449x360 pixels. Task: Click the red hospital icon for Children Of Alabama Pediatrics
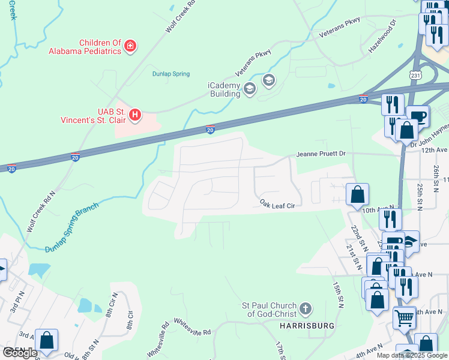click(x=130, y=46)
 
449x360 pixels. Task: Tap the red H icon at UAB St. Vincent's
click(x=136, y=114)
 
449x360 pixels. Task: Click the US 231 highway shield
click(x=415, y=75)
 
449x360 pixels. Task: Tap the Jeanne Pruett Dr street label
click(x=321, y=154)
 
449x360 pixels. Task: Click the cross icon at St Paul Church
click(x=306, y=309)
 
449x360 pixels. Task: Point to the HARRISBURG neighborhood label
click(x=307, y=325)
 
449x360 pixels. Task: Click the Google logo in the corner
click(x=20, y=353)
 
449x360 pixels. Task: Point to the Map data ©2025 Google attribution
click(x=412, y=355)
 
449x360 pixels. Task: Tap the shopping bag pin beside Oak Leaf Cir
click(x=357, y=194)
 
